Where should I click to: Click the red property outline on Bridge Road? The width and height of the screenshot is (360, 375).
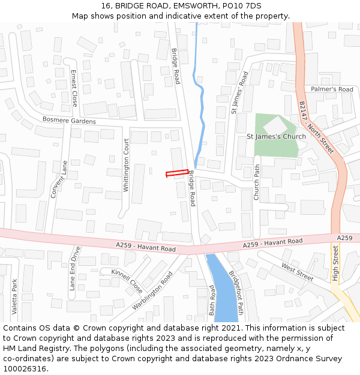point(177,173)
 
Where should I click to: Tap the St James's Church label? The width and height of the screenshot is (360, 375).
point(276,137)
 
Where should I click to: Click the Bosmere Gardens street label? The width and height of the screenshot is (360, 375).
point(69,121)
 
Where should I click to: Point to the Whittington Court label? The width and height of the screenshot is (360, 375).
point(126,166)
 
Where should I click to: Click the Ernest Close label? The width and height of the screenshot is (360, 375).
point(74,88)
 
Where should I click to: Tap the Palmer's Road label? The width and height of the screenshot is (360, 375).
point(332,89)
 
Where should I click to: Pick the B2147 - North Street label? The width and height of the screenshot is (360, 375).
point(316,127)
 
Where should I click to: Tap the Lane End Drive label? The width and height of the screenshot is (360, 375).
point(74,268)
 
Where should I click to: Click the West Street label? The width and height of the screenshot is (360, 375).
point(297,272)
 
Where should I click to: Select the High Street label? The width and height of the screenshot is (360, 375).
point(335,263)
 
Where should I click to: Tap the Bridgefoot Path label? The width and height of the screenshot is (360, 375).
point(236,292)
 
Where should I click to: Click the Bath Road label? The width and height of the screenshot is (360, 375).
point(212,300)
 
